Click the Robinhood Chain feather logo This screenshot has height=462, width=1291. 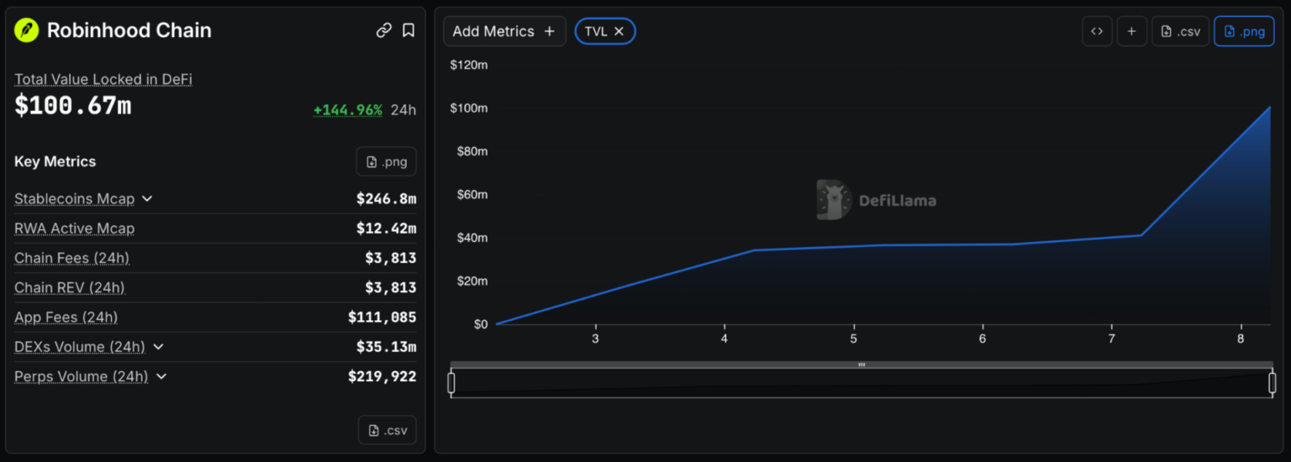27,30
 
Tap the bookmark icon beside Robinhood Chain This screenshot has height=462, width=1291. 408,30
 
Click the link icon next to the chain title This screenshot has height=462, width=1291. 384,30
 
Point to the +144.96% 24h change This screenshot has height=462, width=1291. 347,109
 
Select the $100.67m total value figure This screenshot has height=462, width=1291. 73,105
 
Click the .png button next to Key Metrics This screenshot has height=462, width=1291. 386,162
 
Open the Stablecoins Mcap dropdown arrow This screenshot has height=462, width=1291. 148,199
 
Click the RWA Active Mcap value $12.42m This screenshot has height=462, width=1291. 386,228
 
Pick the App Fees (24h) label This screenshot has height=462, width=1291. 66,317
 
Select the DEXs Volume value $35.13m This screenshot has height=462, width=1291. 386,347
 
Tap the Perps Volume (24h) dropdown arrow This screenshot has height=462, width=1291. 161,376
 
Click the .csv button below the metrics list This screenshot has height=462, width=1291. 387,430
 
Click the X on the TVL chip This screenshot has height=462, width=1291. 619,31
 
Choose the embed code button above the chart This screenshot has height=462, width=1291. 1098,31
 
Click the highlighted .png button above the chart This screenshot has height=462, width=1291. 1244,31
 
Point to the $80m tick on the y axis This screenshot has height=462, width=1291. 472,151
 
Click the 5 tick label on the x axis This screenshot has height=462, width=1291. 854,339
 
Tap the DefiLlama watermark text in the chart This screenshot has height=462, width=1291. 898,201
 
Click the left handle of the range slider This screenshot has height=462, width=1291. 451,382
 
